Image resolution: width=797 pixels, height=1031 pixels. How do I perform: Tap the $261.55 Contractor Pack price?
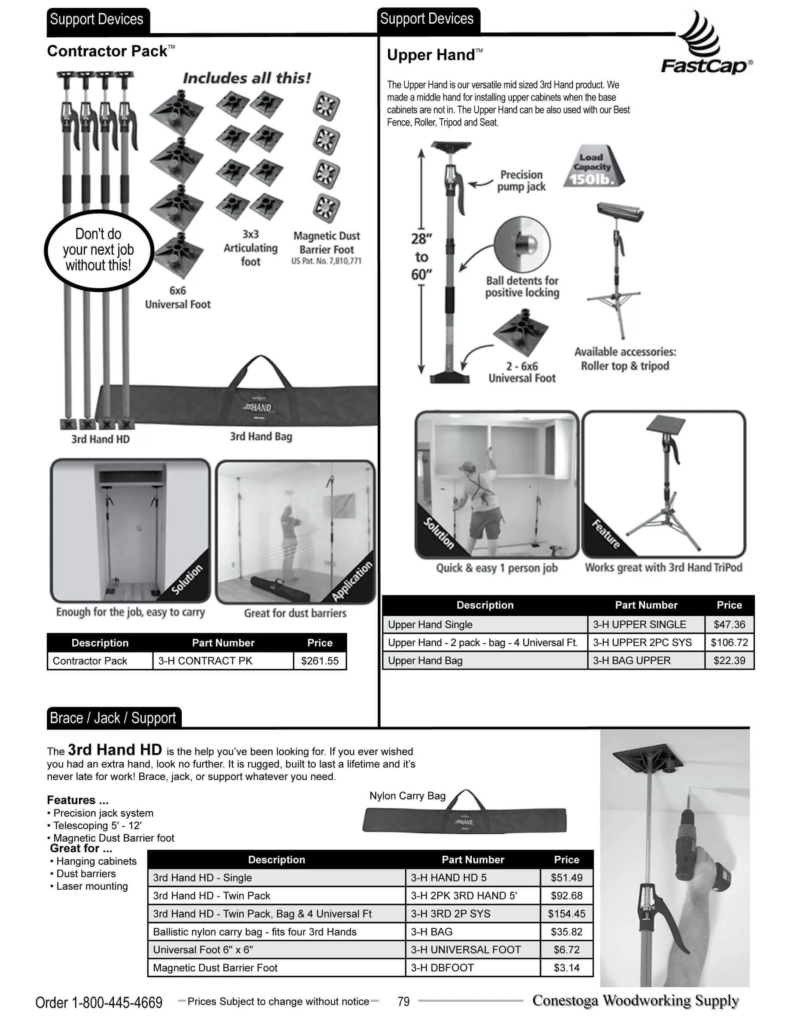point(320,661)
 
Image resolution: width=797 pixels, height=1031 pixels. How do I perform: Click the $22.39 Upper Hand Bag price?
point(729,660)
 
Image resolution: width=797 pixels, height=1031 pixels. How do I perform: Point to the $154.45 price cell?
point(566,914)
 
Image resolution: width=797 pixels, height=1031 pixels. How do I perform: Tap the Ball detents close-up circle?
point(522,244)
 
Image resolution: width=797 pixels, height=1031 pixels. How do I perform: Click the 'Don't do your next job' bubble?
point(99,250)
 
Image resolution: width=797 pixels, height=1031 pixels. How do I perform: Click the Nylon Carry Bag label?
point(407,796)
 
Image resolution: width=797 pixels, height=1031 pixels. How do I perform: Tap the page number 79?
point(403,1002)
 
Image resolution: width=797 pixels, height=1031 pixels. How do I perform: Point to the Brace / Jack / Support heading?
point(113,718)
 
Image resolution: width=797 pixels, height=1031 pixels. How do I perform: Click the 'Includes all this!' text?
point(247,78)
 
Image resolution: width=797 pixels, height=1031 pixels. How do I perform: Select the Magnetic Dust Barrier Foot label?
point(326,243)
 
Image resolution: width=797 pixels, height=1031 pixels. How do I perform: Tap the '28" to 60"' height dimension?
point(421,257)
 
